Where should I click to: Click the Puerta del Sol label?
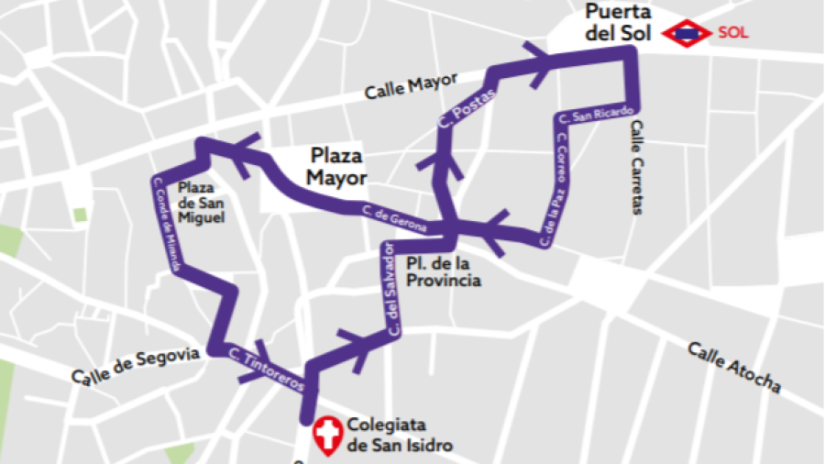point(617,22)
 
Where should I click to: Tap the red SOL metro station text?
point(732,33)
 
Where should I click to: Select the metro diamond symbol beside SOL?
point(687,33)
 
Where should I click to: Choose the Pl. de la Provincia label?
point(443,272)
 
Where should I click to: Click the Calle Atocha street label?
point(734,367)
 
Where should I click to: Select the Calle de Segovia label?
point(135,364)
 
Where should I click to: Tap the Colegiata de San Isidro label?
point(399,436)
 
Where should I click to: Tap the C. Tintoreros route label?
point(266,370)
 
